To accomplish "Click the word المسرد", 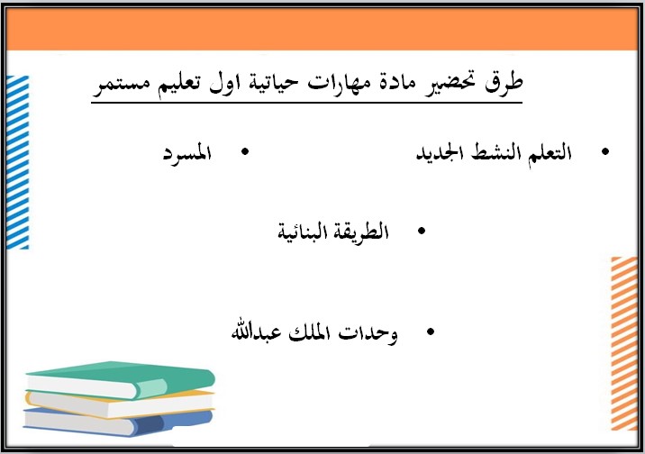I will (x=186, y=153).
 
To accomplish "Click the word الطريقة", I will (x=359, y=232).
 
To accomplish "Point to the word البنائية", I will (x=302, y=232).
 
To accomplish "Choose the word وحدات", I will (x=370, y=332).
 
